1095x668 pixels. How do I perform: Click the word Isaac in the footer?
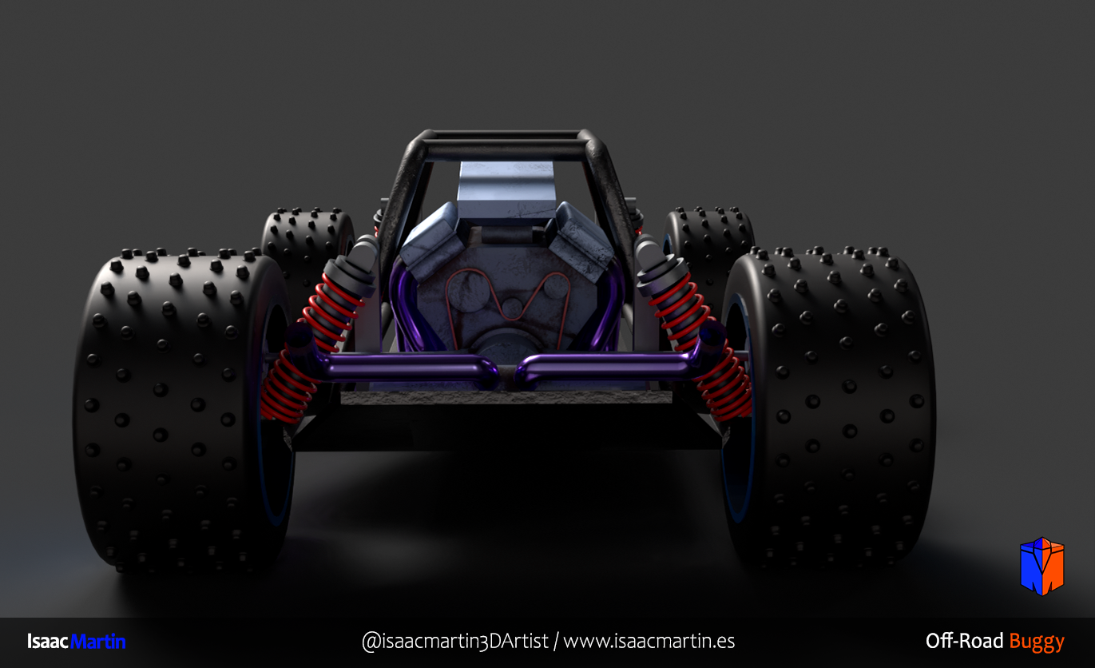tap(47, 641)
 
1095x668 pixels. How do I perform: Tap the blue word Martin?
tap(98, 641)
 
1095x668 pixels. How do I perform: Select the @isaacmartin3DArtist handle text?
tap(455, 641)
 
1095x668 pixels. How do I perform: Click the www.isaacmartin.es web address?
tap(649, 641)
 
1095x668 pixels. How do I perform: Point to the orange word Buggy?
tap(1037, 642)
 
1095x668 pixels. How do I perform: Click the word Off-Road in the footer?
tap(964, 641)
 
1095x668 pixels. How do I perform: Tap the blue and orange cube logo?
tap(1042, 566)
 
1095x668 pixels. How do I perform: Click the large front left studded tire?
tap(181, 411)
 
